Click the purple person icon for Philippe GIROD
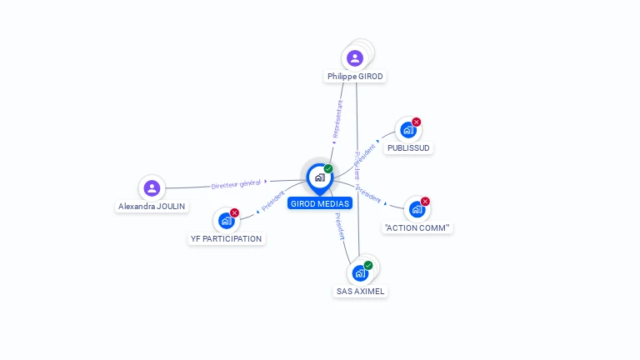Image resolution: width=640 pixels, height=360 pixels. point(355,58)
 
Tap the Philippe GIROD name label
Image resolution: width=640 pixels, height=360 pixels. point(356,76)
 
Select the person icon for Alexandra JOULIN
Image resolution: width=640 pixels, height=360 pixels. point(152,187)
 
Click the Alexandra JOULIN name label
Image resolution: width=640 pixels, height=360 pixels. point(152,206)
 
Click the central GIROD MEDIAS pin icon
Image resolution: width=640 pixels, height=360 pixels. point(319,177)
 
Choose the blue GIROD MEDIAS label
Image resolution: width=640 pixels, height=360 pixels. point(321,203)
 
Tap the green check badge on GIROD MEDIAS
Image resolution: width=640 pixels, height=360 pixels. point(328,169)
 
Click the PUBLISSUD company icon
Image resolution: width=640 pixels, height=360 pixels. point(407,130)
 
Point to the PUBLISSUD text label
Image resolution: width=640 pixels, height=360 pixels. point(409,147)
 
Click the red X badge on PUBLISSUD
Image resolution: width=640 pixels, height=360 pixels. point(417,122)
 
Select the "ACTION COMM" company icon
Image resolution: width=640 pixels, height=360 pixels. point(416,209)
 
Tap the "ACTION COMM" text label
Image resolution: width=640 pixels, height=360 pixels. point(417,227)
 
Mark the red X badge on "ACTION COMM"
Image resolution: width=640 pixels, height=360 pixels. point(425,202)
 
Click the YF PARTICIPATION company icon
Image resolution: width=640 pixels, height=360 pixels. point(225,221)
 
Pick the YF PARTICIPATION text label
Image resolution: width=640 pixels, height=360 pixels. point(226,238)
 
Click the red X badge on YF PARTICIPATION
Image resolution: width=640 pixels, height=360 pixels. point(234,213)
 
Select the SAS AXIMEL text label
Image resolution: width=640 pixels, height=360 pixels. point(360,292)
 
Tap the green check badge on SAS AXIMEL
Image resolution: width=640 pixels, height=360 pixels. point(368,266)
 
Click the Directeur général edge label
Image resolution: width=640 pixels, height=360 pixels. point(236,183)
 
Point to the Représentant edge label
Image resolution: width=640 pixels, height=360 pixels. point(337,119)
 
